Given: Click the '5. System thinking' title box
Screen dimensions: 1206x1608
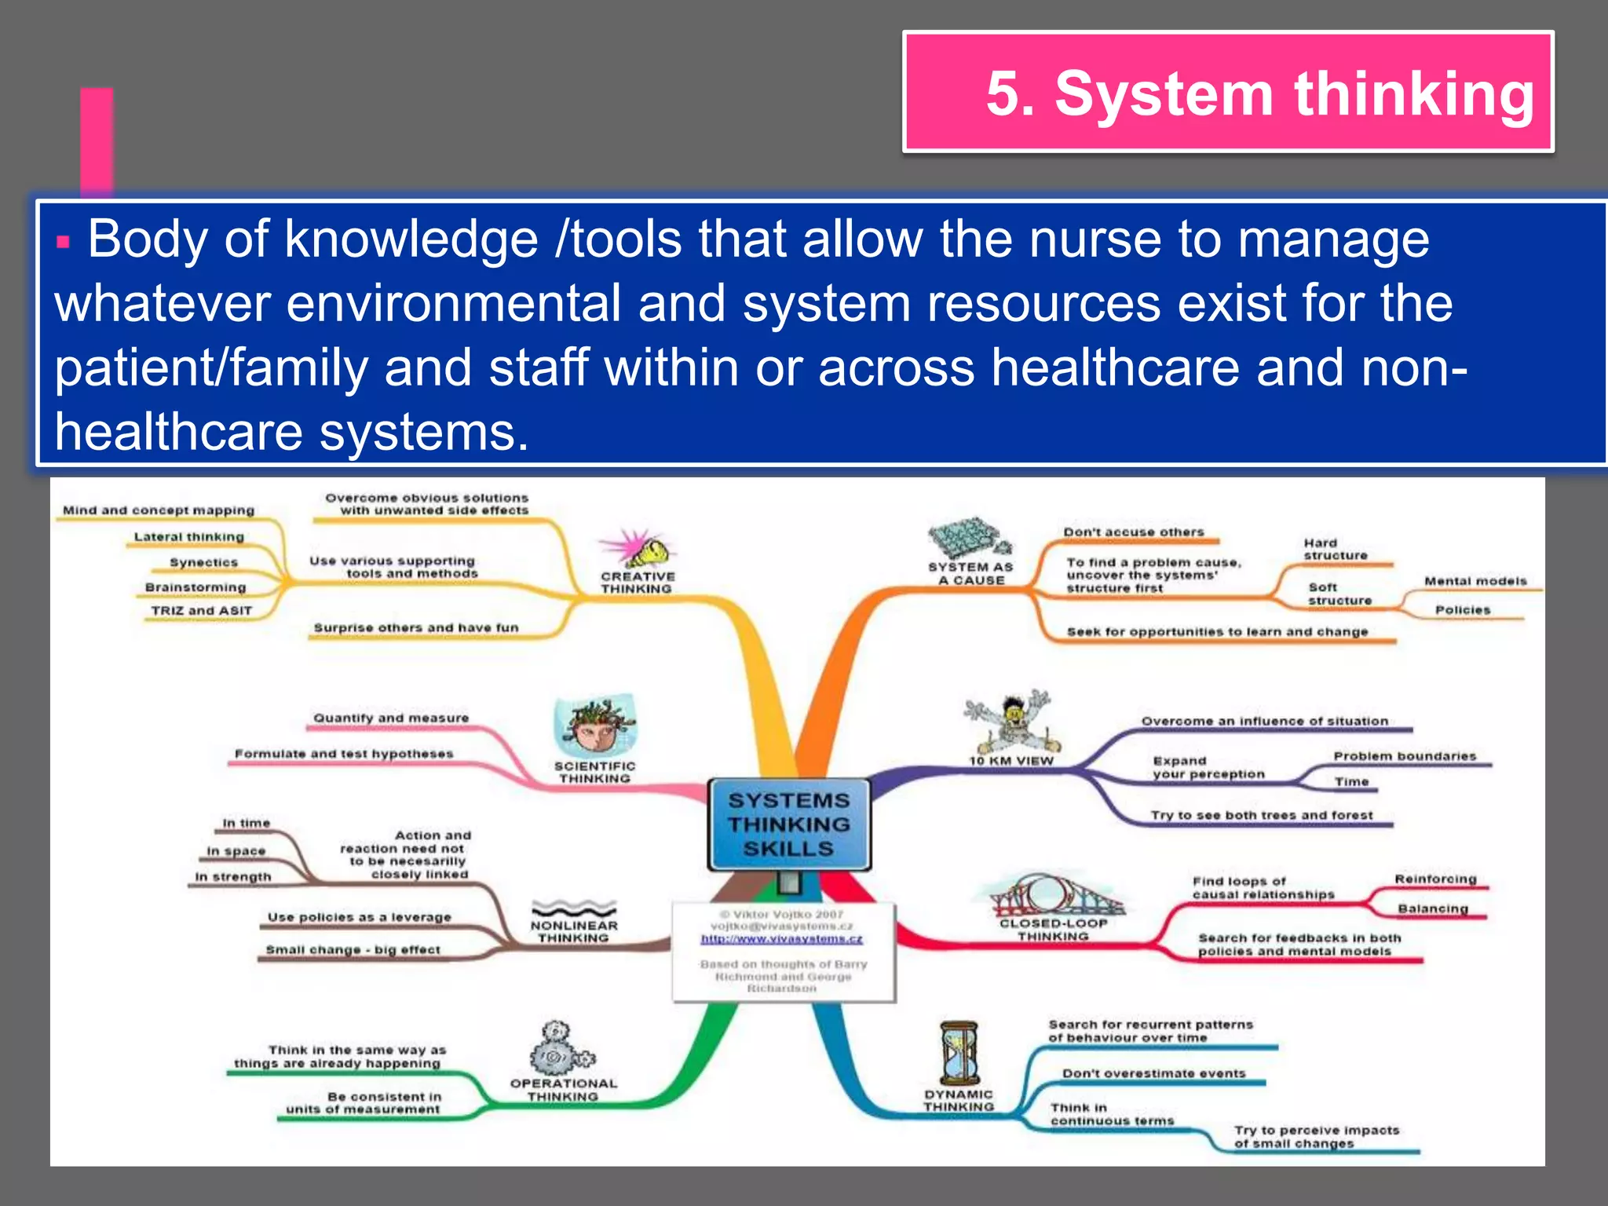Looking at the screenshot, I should [x=1228, y=92].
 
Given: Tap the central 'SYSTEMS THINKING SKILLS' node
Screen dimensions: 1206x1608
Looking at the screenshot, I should [x=788, y=824].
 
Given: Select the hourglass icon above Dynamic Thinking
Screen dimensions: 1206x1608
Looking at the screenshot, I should [x=959, y=1053].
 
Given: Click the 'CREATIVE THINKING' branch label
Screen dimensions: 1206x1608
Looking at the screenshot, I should [x=637, y=582].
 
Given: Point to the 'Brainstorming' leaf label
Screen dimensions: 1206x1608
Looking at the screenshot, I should [x=196, y=587].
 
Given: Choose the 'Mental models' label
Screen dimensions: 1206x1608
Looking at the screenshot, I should [x=1475, y=581].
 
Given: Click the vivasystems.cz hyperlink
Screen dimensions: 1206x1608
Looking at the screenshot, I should [x=781, y=938].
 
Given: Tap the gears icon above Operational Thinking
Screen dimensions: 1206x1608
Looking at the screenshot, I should [x=560, y=1050].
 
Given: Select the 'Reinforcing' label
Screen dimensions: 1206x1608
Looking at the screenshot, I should [x=1434, y=879].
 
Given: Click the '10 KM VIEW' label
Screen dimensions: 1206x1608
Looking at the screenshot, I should [x=1010, y=760].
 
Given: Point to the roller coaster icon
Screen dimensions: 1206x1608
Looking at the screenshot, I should [x=1051, y=895].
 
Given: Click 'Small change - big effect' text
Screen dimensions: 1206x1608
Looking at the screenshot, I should [x=353, y=949].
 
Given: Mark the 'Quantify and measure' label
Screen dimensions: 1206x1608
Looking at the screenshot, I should [x=390, y=718].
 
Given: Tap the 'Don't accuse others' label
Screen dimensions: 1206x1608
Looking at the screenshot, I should [x=1133, y=532].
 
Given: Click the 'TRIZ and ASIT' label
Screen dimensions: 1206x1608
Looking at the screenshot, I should [x=202, y=610].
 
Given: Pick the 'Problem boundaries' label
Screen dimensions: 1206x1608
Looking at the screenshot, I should [x=1404, y=756].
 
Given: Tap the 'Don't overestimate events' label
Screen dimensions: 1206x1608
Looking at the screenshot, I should [x=1153, y=1073].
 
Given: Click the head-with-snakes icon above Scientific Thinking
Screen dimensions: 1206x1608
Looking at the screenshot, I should [x=594, y=727].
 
